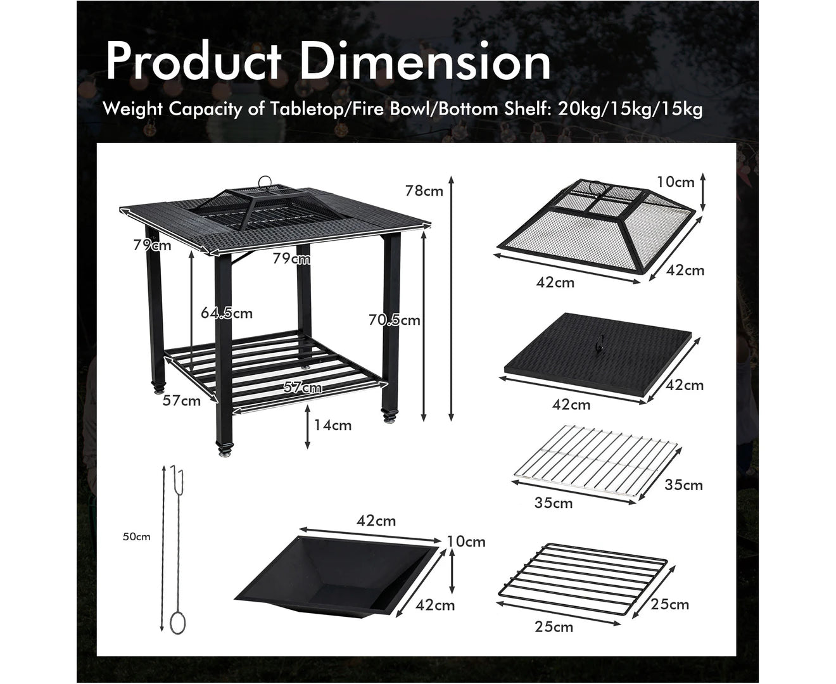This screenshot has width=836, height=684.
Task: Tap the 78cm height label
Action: tap(424, 191)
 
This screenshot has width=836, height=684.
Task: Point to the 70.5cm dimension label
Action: tap(394, 320)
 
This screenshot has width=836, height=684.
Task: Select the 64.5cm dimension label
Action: tap(226, 313)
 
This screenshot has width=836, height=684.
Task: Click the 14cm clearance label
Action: tap(332, 426)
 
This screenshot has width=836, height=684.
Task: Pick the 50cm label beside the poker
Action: tap(136, 537)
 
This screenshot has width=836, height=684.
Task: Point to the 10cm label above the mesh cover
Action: tap(676, 182)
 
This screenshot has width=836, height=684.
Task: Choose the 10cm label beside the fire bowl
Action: tap(466, 541)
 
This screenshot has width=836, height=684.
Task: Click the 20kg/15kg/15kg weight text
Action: tap(630, 109)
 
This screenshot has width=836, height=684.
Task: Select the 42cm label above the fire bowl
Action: tap(376, 521)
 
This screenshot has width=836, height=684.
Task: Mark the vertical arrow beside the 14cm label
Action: tap(307, 427)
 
